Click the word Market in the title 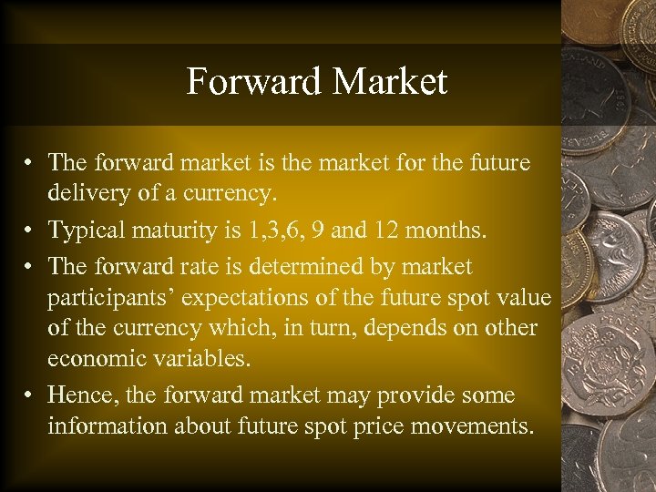coord(390,82)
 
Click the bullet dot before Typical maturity coord(31,231)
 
